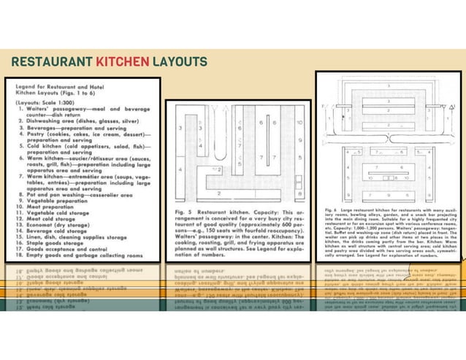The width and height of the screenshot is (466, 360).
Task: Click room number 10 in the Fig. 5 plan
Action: pos(299,123)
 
